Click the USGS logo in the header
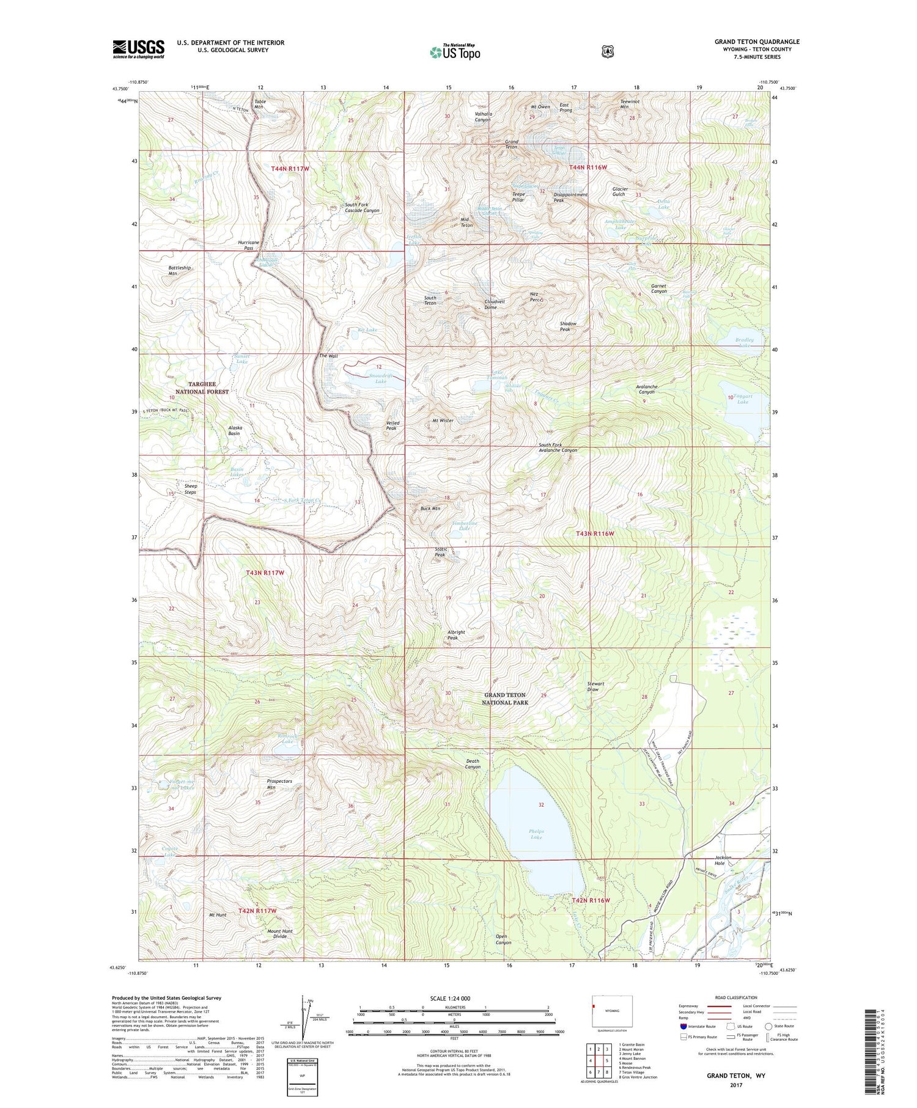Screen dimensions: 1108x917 point(138,49)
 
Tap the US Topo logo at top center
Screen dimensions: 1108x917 point(455,51)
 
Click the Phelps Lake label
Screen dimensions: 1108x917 point(536,834)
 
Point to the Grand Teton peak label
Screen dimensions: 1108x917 point(511,144)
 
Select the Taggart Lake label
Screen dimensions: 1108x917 point(743,398)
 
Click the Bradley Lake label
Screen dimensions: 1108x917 point(744,342)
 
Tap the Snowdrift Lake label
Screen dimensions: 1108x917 point(381,378)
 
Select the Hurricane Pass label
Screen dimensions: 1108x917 point(249,245)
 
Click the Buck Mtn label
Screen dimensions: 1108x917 point(430,508)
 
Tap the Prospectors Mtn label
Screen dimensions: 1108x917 point(279,784)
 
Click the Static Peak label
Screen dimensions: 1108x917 point(441,552)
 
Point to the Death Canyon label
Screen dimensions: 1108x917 point(473,764)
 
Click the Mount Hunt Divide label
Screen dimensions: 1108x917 point(280,934)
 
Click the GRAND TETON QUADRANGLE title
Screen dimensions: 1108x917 point(757,42)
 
